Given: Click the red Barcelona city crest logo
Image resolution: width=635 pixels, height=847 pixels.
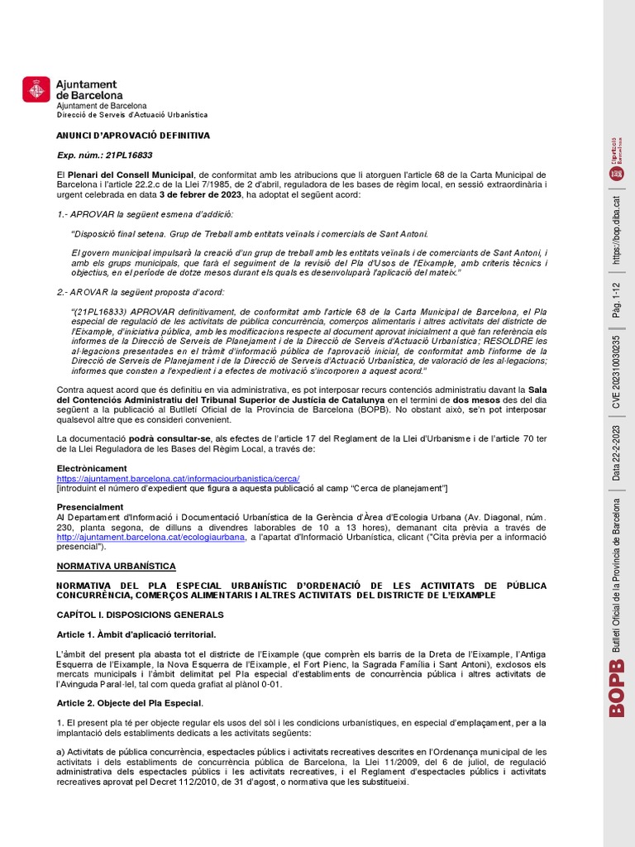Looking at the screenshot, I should (36, 89).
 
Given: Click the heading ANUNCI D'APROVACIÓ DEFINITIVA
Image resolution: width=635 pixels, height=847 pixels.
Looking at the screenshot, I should (133, 135).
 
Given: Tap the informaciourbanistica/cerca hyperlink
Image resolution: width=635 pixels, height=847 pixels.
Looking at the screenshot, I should (178, 478).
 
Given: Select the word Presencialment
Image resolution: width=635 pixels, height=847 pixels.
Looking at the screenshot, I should (89, 507).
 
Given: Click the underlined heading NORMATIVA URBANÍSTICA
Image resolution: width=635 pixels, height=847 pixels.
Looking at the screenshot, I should (116, 566).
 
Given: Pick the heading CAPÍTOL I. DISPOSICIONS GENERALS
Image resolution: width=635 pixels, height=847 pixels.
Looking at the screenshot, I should (140, 615).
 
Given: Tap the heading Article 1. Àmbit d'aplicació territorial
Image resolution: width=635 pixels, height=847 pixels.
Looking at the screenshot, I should (136, 634).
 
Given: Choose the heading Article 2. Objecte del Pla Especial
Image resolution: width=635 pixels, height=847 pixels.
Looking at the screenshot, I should (129, 703).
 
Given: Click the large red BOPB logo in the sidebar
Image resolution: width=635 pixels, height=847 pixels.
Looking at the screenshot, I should (616, 697).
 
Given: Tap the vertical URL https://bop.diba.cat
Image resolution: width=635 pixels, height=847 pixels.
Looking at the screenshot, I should (616, 227).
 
